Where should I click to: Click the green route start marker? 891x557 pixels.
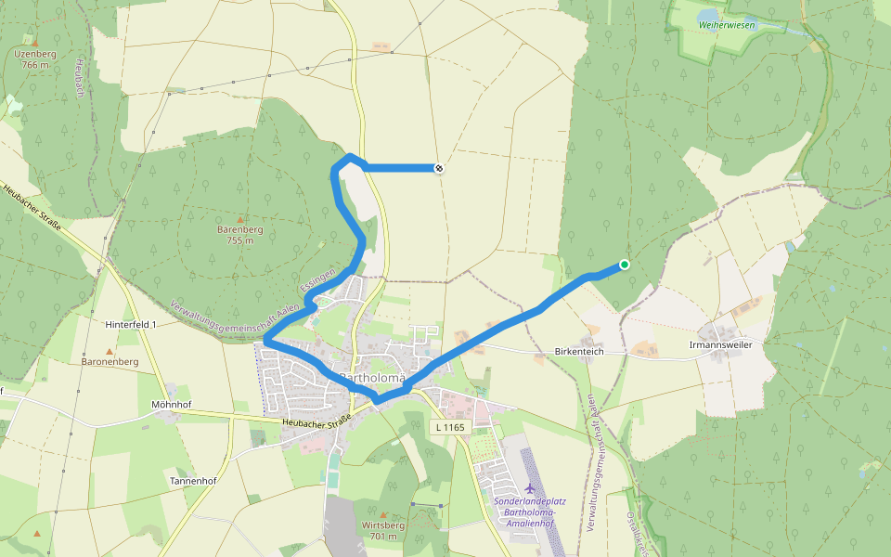[625, 265]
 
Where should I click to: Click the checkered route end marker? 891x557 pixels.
[438, 168]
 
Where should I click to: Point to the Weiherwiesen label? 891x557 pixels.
[727, 25]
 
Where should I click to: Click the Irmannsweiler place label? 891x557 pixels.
[720, 344]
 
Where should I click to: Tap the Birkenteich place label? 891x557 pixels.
[579, 352]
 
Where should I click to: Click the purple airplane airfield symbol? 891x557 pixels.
[530, 487]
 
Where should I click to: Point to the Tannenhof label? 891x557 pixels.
[193, 481]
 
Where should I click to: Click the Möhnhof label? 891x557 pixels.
[170, 405]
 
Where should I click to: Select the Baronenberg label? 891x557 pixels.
[110, 361]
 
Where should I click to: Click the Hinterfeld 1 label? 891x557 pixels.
[131, 324]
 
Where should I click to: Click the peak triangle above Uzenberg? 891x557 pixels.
[35, 42]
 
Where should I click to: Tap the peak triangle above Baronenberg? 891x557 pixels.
[110, 351]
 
